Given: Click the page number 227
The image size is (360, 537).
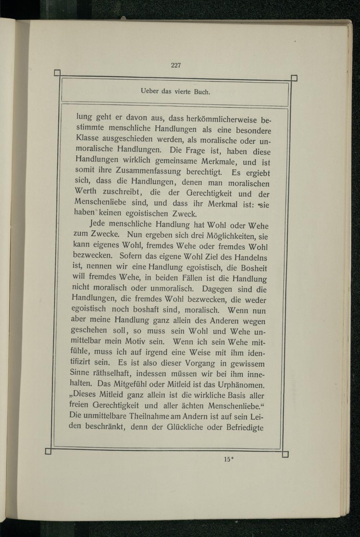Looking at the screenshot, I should [x=176, y=65].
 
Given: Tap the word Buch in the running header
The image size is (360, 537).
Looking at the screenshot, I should [x=202, y=92].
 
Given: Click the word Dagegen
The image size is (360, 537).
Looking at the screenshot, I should [x=217, y=289].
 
